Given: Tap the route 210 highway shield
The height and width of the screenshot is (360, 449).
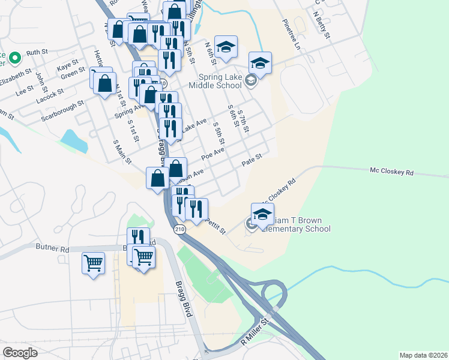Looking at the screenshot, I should (x=179, y=230).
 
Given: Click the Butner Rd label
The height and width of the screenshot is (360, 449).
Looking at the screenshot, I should (x=52, y=247).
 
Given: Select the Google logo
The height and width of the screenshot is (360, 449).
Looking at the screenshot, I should (x=20, y=353).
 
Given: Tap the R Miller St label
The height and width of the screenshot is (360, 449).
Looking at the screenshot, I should (x=257, y=333).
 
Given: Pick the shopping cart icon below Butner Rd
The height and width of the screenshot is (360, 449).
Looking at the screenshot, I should (x=93, y=262).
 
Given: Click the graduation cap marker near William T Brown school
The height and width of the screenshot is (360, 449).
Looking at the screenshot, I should (x=262, y=214).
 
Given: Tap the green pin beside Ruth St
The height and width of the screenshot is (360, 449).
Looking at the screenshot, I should (x=16, y=58).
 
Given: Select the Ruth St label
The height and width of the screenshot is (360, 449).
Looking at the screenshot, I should (x=37, y=52).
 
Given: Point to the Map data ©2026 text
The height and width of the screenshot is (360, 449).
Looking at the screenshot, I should (x=423, y=355).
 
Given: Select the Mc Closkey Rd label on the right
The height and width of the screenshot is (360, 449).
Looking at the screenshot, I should (x=392, y=172).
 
